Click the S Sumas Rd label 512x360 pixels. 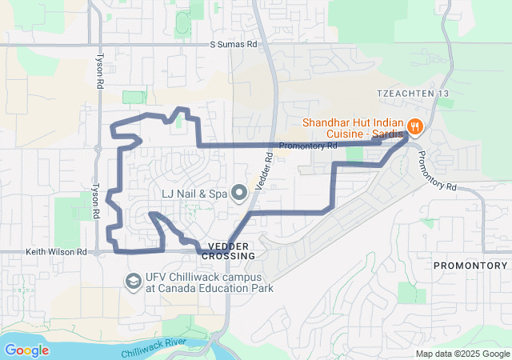234,46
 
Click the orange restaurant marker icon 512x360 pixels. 414,126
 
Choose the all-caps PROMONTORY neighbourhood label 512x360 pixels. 470,265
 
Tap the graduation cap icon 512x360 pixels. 132,282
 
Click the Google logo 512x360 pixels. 26,350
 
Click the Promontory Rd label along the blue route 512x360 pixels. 308,146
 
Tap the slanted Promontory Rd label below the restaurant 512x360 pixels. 437,170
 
